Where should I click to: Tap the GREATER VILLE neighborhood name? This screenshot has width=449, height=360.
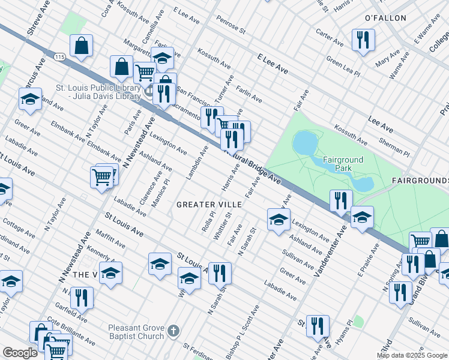(209, 205)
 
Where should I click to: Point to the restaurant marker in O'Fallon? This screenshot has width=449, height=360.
(363, 40)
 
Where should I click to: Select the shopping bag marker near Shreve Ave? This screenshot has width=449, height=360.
(81, 45)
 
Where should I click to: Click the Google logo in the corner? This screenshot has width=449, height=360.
(20, 353)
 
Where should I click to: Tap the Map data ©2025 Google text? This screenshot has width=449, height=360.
(411, 355)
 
